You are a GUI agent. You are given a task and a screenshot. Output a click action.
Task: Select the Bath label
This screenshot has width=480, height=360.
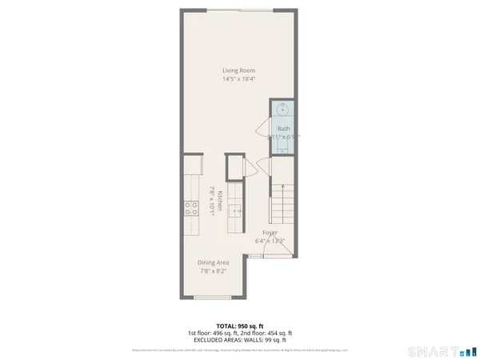284,129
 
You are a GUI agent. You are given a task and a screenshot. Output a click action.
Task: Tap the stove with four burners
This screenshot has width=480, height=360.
191,208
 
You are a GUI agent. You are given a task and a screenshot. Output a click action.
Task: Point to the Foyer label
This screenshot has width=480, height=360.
270,233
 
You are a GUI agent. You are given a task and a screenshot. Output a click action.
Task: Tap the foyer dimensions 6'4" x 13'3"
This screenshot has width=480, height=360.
270,241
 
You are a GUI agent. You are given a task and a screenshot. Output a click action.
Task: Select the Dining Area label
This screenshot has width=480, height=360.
214,262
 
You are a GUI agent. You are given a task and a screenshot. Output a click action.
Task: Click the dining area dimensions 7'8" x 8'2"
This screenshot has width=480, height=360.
214,270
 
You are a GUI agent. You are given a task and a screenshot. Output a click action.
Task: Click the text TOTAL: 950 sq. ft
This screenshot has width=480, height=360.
239,326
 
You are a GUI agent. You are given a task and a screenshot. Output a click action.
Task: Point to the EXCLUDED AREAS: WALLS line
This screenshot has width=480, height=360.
240,339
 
